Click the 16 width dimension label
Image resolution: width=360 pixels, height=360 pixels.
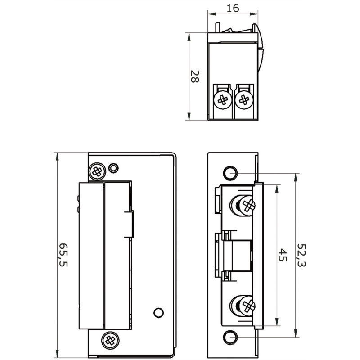[x=233, y=8]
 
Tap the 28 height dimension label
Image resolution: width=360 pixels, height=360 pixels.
[x=195, y=76]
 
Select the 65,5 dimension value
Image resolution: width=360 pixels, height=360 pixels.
[x=63, y=255]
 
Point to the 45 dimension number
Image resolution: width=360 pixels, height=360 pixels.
[x=283, y=255]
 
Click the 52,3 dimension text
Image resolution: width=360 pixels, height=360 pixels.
[x=301, y=255]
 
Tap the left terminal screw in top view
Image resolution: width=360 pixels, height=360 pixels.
[x=222, y=100]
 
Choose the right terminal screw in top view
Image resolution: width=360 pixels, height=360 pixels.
[x=244, y=100]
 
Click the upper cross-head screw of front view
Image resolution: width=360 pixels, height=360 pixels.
[x=97, y=171]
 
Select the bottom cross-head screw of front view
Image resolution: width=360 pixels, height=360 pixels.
[x=110, y=340]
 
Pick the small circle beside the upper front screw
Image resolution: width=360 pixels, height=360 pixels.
[x=113, y=168]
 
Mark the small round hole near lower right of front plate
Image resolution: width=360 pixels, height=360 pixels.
[x=158, y=313]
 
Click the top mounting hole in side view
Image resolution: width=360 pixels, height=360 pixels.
[x=230, y=173]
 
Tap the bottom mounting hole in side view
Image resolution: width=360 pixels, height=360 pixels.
[x=230, y=337]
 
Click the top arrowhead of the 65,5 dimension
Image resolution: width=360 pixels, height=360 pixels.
[x=57, y=157]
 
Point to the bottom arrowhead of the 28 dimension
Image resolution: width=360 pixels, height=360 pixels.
[x=189, y=116]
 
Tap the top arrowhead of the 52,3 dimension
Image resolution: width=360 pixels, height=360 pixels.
[x=296, y=177]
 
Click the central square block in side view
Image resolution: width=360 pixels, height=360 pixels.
[x=241, y=256]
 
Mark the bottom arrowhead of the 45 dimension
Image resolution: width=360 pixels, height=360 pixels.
[x=277, y=322]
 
